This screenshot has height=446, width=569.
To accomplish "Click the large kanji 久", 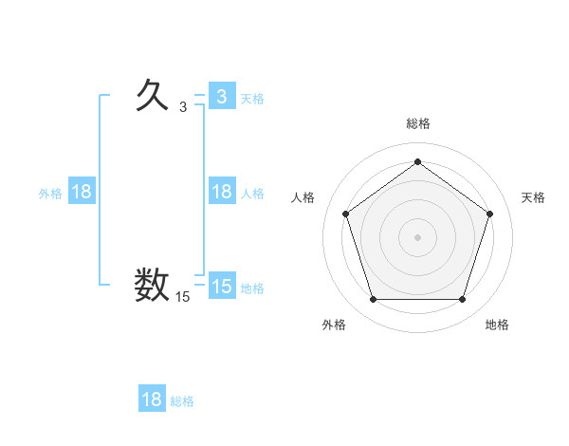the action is click(152, 95).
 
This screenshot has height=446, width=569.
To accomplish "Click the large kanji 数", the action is click(152, 285).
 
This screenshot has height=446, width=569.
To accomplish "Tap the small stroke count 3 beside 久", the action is click(183, 106).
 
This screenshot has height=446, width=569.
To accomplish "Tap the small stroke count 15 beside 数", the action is click(182, 297).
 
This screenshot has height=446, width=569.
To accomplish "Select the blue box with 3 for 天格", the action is click(221, 96).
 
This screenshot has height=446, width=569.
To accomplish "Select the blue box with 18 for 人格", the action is click(221, 192).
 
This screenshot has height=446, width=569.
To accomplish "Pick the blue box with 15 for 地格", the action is click(221, 287).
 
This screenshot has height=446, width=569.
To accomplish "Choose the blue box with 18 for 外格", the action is click(82, 192).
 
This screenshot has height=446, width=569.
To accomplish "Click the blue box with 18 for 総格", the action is click(152, 399).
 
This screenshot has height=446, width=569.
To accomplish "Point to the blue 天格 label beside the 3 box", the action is click(252, 98).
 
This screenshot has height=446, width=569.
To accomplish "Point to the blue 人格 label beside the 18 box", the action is click(252, 193).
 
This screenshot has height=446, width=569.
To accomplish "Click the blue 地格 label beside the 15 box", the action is click(252, 288).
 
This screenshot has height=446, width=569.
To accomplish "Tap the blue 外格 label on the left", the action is click(50, 193).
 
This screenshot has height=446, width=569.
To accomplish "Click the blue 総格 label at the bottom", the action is click(183, 401).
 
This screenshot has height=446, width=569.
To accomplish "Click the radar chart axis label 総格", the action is click(417, 123).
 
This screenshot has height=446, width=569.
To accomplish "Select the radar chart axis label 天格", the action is click(533, 197).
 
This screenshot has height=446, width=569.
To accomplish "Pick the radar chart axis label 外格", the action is click(334, 325).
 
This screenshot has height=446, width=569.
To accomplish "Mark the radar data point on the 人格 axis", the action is click(344, 214).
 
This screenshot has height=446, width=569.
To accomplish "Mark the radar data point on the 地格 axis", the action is click(462, 300).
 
